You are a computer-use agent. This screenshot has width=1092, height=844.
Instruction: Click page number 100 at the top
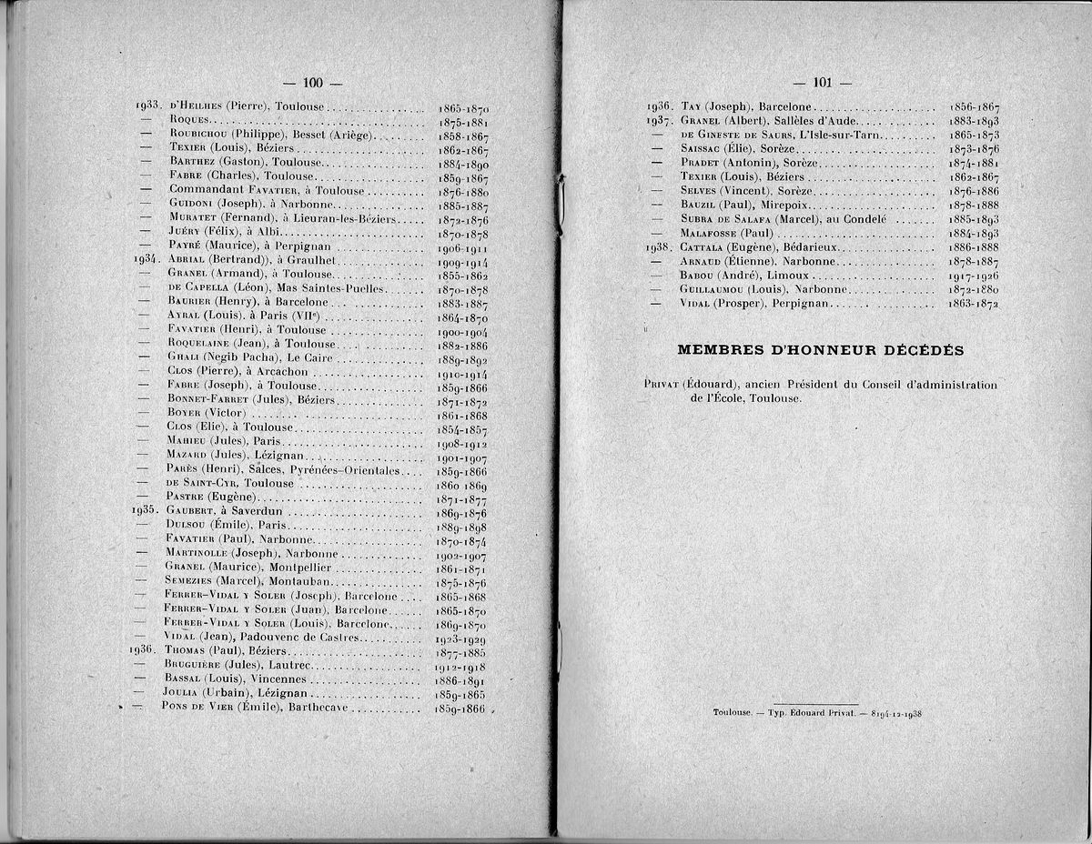(313, 83)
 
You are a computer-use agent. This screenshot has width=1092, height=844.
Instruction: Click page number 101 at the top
(823, 83)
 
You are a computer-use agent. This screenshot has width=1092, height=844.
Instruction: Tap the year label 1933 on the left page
(147, 105)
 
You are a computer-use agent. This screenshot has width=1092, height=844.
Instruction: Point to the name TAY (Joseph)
(715, 105)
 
